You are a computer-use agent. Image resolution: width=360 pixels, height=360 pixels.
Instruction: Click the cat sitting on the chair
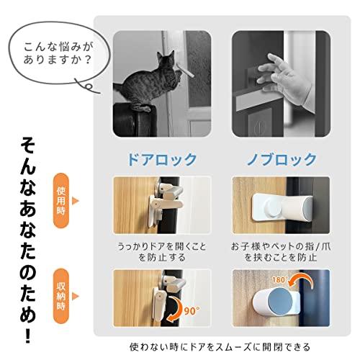[149, 81]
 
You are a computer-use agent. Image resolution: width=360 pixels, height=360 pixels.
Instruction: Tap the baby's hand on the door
[283, 77]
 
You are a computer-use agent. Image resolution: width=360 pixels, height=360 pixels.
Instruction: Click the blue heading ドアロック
[162, 159]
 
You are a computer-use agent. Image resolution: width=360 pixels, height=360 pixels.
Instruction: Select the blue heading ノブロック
[282, 159]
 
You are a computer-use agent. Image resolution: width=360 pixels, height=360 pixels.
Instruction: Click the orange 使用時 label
[61, 201]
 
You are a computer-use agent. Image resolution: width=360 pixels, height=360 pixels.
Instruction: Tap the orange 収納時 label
[61, 296]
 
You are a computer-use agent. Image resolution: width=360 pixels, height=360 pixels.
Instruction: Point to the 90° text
[192, 311]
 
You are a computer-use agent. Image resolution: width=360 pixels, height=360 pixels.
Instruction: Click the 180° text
[279, 280]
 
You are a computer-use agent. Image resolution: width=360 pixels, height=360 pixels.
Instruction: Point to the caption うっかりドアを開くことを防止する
[162, 252]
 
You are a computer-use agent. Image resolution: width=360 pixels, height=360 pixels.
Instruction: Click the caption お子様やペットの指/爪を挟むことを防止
[281, 252]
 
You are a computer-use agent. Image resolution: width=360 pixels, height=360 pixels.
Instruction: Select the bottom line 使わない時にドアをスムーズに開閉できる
[220, 347]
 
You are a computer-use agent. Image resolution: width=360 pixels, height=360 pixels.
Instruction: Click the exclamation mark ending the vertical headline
[28, 336]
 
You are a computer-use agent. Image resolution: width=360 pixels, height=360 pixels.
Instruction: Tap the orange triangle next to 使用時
[75, 201]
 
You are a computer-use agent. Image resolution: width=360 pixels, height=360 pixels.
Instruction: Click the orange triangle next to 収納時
[75, 297]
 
